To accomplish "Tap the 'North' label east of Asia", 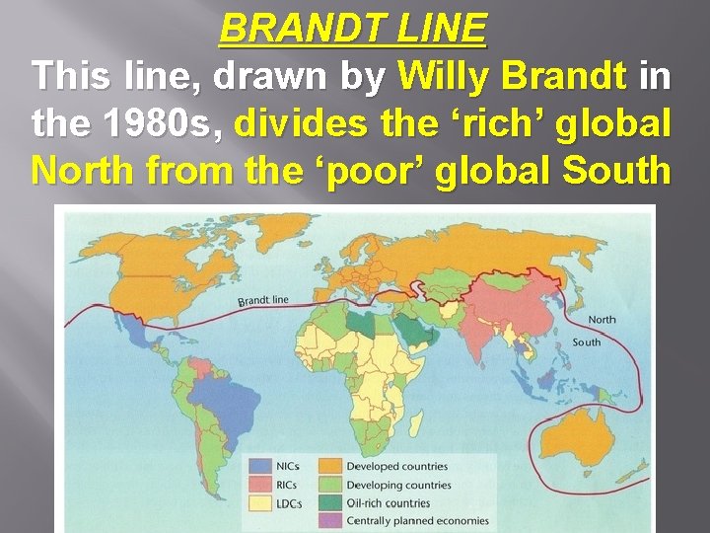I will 602,320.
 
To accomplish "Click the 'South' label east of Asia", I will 586,343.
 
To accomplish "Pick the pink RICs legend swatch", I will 261,485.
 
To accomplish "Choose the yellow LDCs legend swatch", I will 261,502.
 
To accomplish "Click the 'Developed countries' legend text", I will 396,467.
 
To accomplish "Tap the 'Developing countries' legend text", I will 398,485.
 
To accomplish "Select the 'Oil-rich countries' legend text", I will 389,502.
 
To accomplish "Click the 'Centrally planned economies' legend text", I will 417,520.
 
